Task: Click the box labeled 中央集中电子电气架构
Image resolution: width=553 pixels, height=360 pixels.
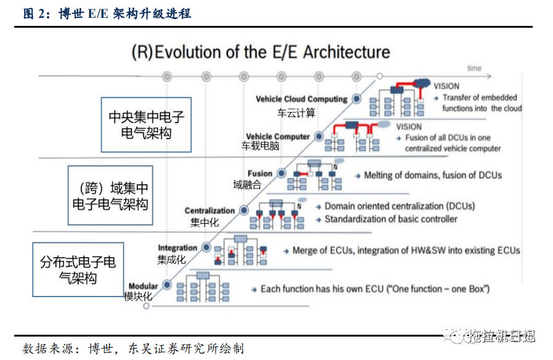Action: point(146,125)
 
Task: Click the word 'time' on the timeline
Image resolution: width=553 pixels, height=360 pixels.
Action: point(474,68)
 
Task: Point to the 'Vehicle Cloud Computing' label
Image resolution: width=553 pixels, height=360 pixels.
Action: point(301,99)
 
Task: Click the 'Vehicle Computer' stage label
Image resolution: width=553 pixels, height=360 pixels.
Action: point(277,136)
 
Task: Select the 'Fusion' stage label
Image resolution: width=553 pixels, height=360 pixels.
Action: point(260,174)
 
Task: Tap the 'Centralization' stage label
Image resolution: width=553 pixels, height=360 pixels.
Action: point(210,211)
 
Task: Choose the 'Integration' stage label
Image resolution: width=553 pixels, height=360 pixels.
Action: point(178,248)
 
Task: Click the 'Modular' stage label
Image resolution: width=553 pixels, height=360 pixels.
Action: point(143,286)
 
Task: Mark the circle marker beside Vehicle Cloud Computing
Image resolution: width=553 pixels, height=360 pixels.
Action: point(356,99)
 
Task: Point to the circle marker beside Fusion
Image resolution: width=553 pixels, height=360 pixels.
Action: point(282,174)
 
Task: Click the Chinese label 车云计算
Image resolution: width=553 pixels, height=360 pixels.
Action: point(296,113)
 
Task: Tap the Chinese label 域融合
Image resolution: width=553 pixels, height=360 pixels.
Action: point(247,184)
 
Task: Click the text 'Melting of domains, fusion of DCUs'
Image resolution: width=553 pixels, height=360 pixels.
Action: point(433,175)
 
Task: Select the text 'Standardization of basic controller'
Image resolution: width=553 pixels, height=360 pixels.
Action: point(391,219)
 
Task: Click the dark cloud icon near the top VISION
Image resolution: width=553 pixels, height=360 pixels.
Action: point(422,82)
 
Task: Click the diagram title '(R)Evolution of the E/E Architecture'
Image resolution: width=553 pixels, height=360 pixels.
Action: point(261,52)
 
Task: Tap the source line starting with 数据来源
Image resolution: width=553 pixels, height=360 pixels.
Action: point(133,348)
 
